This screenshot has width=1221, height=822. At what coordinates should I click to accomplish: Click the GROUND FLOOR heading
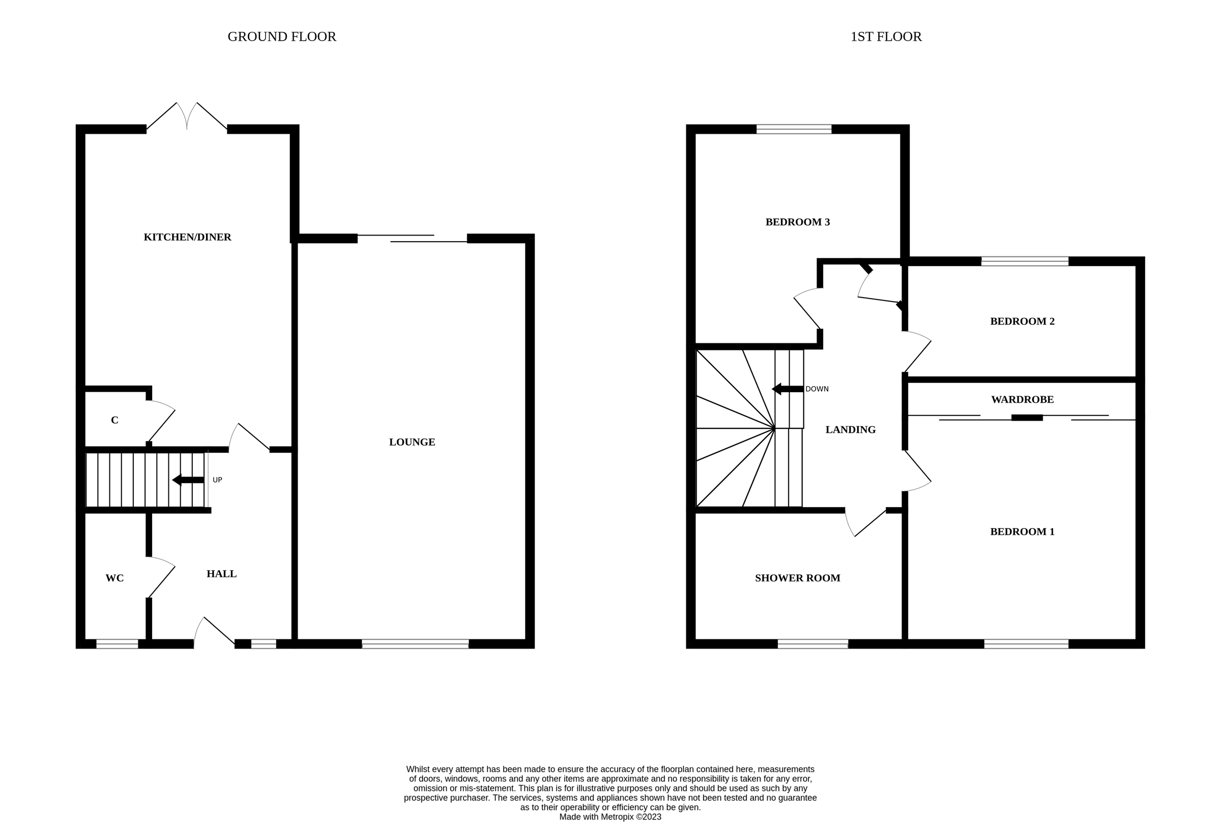coord(281,37)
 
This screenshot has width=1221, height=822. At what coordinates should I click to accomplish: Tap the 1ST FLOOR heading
coord(885,37)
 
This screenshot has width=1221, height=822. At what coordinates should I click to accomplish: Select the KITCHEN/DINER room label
coord(187,237)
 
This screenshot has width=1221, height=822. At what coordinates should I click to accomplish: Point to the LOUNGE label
coord(412,442)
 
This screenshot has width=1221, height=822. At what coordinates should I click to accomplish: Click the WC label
coord(114,578)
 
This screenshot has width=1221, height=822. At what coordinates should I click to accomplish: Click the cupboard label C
coord(114,421)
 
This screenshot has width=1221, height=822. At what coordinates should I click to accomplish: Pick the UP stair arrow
coord(188,480)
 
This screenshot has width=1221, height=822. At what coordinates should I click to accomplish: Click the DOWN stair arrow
coord(788,389)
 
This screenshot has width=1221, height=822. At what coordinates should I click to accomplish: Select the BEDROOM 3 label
coord(797,222)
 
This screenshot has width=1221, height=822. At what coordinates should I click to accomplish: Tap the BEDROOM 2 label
coord(1022,321)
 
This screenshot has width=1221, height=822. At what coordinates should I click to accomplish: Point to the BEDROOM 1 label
coord(1022,532)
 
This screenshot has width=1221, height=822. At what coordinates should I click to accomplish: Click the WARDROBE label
coord(1022,399)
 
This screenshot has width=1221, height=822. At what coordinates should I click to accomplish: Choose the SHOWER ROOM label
coord(797,578)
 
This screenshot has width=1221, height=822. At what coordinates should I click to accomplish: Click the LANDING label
coord(850,430)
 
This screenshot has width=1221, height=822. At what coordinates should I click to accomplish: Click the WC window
coord(117,644)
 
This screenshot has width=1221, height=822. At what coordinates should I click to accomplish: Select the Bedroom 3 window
coord(793,129)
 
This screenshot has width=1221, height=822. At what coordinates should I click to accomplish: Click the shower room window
coord(812,644)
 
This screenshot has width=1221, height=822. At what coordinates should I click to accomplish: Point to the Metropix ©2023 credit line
coord(609,817)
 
